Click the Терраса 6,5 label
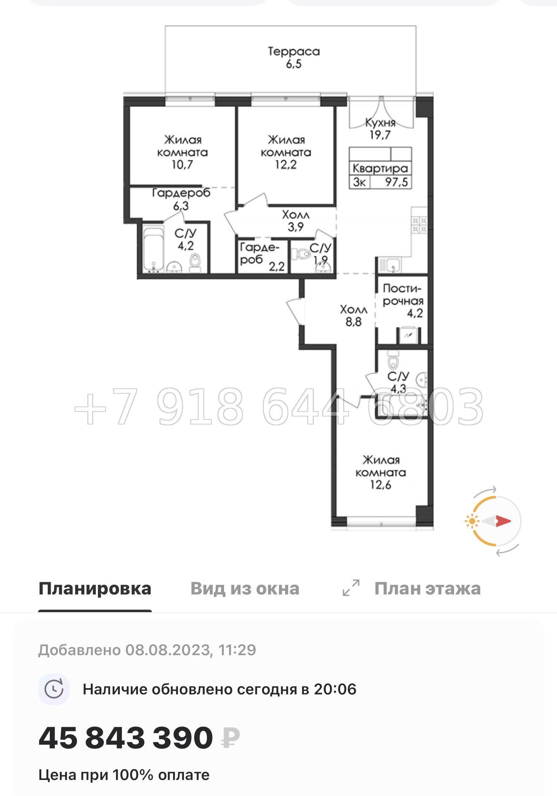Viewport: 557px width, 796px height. (x=294, y=57)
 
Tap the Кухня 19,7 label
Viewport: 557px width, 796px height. (x=380, y=129)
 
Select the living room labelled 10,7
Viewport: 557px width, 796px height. (x=182, y=152)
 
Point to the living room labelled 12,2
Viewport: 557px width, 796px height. (x=286, y=152)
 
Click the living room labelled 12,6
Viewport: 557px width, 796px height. (x=381, y=472)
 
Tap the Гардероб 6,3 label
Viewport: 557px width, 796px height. (x=181, y=199)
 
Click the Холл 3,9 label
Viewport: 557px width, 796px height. (x=295, y=221)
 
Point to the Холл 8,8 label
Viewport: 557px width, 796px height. (x=354, y=316)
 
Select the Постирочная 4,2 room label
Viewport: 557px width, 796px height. (x=403, y=301)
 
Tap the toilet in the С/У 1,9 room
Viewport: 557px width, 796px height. (x=302, y=254)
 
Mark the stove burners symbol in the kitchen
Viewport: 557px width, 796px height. (x=419, y=225)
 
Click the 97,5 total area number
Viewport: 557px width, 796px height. (x=396, y=182)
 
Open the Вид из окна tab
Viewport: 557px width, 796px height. (x=245, y=589)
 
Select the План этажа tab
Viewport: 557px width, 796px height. (x=427, y=589)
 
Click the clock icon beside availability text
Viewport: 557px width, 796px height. (x=54, y=689)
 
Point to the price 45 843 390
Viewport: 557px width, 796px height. (x=126, y=738)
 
